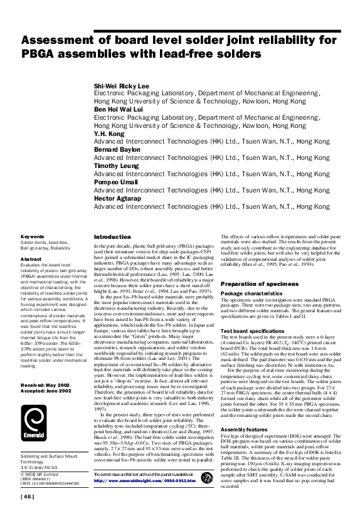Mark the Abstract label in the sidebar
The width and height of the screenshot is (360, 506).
[31, 258]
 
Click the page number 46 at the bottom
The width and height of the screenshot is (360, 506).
[28, 497]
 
